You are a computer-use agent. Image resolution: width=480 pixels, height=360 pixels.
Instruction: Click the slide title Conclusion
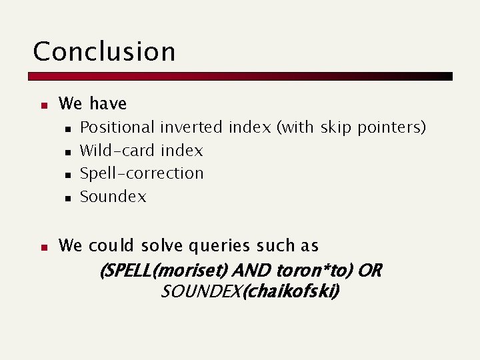pyautogui.click(x=104, y=52)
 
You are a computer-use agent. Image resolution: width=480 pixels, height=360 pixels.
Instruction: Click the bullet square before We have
pyautogui.click(x=42, y=105)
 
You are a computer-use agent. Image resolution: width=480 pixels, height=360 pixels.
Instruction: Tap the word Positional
pyautogui.click(x=117, y=127)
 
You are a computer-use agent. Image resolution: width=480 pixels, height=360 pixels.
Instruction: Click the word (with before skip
pyautogui.click(x=296, y=127)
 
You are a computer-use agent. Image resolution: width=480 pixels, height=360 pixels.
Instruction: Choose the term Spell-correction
pyautogui.click(x=141, y=173)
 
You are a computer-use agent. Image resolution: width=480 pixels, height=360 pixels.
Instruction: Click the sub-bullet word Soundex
pyautogui.click(x=113, y=197)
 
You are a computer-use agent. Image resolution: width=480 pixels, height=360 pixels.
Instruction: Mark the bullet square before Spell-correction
pyautogui.click(x=67, y=175)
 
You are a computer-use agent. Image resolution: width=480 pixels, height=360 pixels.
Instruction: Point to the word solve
pyautogui.click(x=159, y=246)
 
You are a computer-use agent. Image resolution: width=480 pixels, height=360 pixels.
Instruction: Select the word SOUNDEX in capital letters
pyautogui.click(x=201, y=292)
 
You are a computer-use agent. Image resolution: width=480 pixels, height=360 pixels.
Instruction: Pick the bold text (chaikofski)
pyautogui.click(x=291, y=292)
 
